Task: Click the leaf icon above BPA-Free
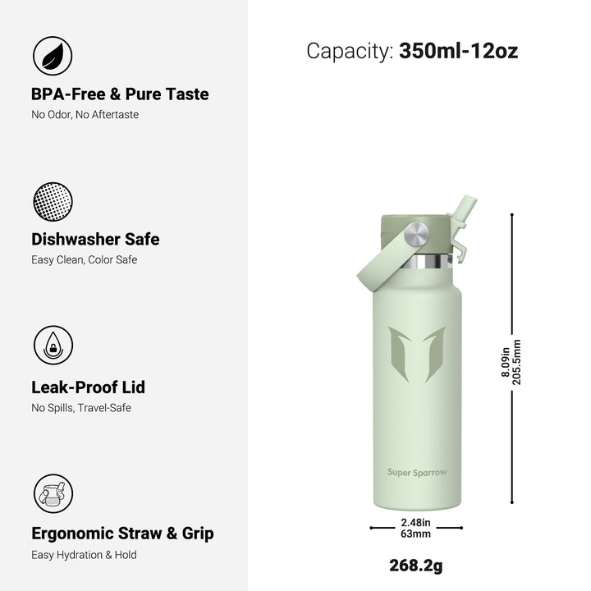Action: tap(53, 56)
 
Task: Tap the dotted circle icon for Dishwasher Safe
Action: tap(53, 201)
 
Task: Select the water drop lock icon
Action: tap(53, 345)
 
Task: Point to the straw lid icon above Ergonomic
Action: tap(53, 493)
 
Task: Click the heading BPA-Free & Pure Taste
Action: tap(120, 94)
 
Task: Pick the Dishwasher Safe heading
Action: tap(95, 240)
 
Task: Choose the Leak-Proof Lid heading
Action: tap(88, 387)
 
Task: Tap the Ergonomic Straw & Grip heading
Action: tap(122, 534)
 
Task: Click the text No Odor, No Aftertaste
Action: tap(85, 115)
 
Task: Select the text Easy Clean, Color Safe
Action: tap(84, 260)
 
